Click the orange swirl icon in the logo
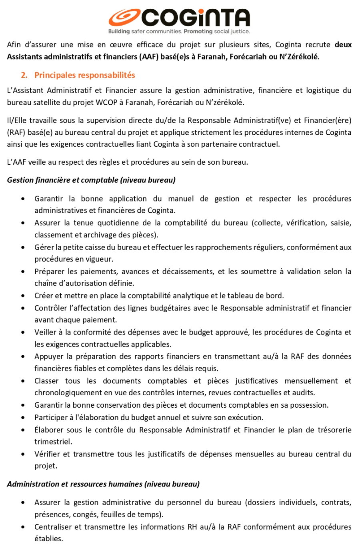(x=123, y=18)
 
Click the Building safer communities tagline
(x=179, y=31)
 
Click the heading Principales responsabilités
(x=84, y=75)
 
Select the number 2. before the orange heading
(x=24, y=75)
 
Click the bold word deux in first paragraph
(x=343, y=45)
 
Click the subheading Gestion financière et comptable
(x=91, y=180)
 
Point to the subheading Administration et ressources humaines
(x=103, y=484)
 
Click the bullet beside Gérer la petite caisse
(x=25, y=247)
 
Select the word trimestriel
(x=53, y=442)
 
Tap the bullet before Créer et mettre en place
(x=25, y=296)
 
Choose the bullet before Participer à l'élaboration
(x=25, y=417)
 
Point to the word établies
(x=48, y=538)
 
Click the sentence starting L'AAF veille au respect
(x=127, y=162)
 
